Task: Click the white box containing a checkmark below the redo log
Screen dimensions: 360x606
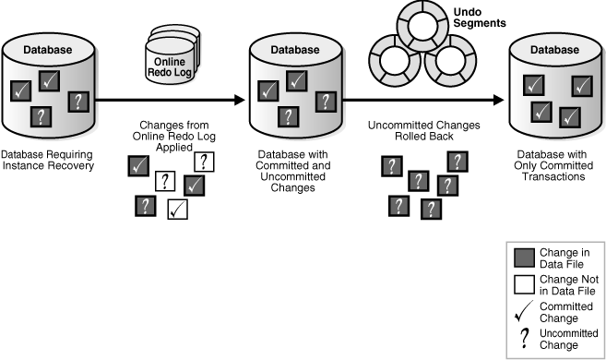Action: (x=177, y=210)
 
